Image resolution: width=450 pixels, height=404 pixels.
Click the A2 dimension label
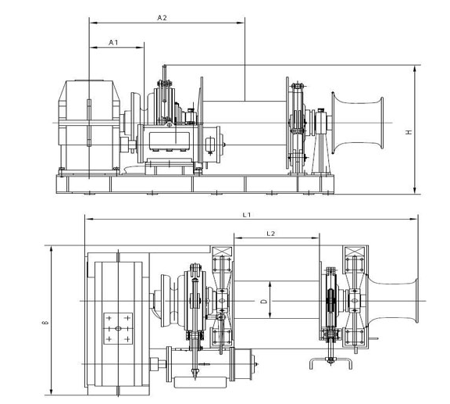[162, 18]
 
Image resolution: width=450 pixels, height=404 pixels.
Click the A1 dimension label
[113, 42]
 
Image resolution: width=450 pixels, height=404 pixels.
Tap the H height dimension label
[409, 132]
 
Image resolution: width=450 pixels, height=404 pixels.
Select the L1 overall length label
[247, 214]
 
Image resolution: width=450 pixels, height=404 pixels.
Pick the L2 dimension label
[270, 234]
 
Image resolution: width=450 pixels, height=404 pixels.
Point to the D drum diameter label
[265, 301]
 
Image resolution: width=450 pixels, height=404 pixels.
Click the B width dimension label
[45, 323]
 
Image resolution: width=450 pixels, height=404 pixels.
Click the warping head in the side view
[357, 123]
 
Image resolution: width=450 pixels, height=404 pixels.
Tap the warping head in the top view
[393, 301]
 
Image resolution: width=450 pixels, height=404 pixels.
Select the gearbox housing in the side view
[89, 127]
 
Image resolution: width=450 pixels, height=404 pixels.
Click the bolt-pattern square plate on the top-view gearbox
[118, 328]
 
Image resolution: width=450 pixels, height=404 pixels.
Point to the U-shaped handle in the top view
[330, 363]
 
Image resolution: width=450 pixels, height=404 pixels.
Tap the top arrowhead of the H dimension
[414, 68]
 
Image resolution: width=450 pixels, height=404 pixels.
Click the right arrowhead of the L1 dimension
[414, 219]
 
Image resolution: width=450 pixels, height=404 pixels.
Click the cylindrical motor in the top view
[209, 364]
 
